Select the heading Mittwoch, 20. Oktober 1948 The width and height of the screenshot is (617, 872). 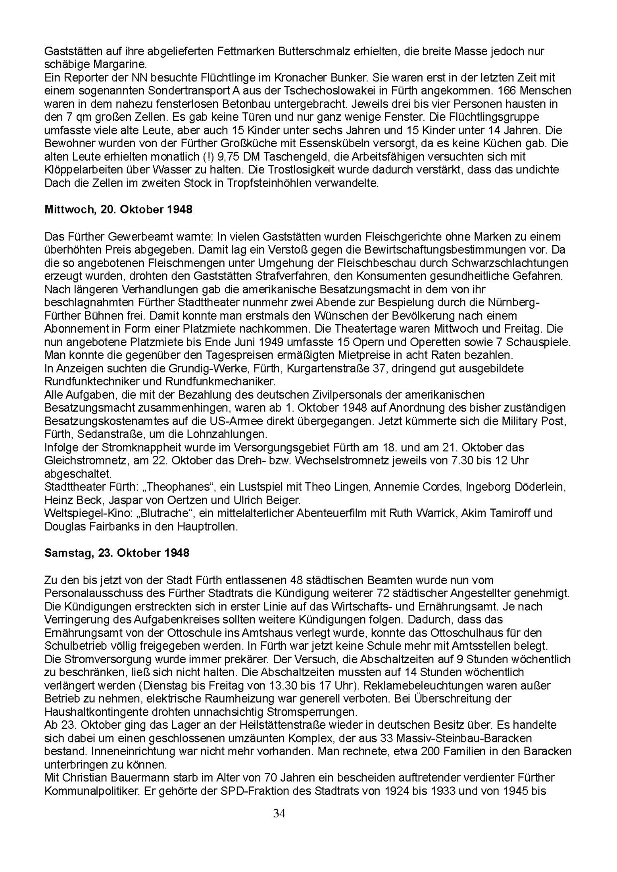point(118,209)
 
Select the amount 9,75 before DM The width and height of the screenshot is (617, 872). point(231,157)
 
